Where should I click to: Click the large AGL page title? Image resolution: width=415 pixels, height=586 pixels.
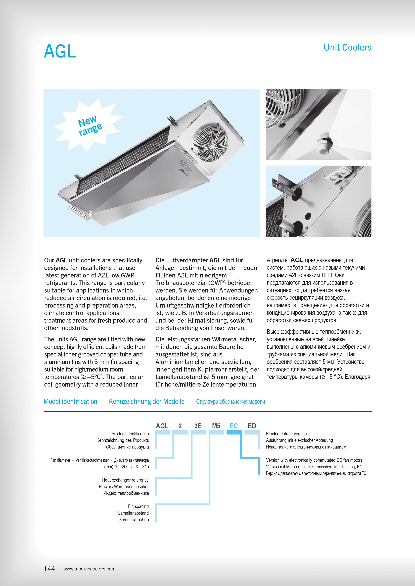pos(60,52)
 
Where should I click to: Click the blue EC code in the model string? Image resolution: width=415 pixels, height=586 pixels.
pos(234,426)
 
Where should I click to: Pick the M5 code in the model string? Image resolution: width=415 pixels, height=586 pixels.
pos(216,426)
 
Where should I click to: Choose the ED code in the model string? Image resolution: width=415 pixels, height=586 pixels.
pos(252,426)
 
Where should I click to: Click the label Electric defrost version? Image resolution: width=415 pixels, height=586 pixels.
pos(286,434)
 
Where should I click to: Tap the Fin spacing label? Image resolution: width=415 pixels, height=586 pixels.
pos(138,506)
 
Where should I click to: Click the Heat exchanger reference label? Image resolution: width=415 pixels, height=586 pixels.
pos(125,480)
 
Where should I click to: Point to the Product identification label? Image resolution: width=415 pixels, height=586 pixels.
pos(130,434)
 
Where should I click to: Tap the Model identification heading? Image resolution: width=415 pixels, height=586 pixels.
pos(71,401)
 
